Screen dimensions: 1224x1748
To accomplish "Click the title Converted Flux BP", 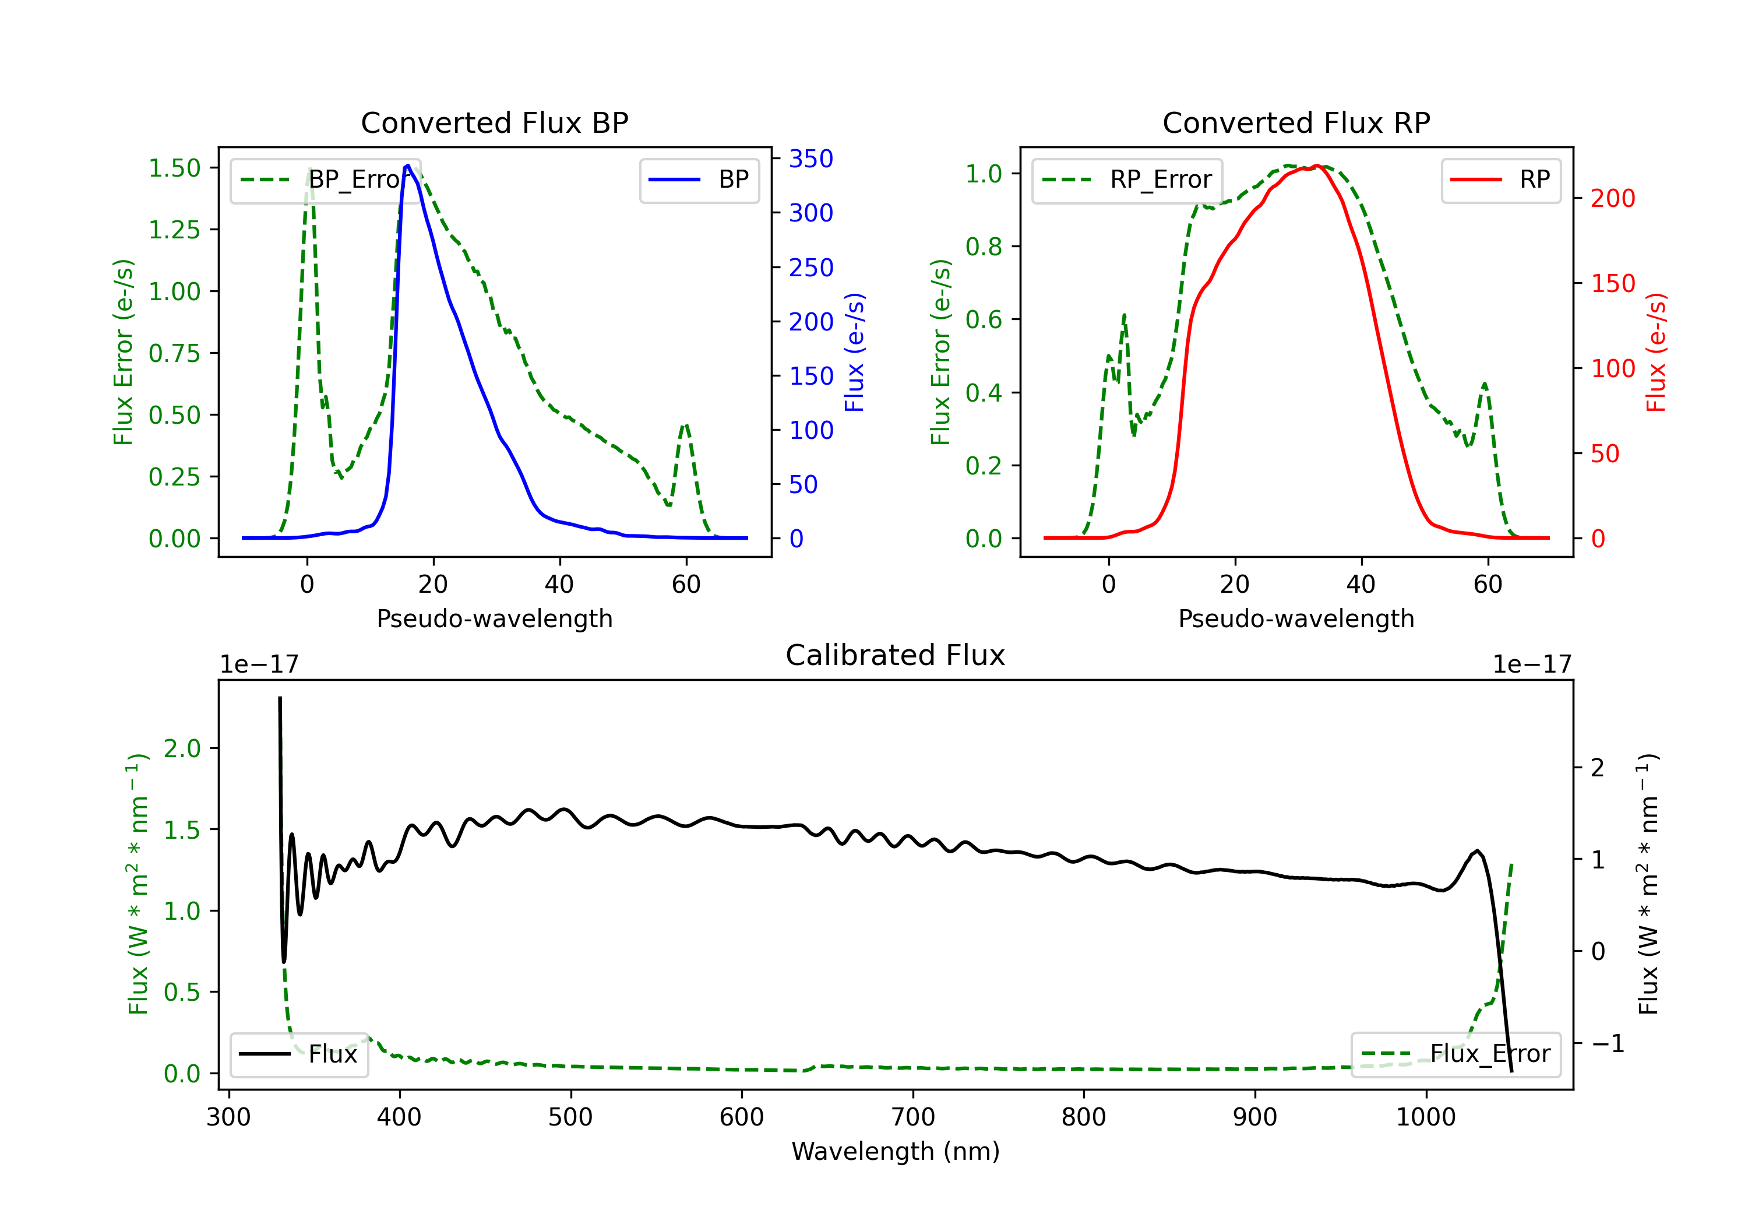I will click(494, 122).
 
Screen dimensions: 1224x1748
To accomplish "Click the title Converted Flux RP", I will click(1296, 122).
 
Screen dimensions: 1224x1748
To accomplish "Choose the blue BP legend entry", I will click(699, 180).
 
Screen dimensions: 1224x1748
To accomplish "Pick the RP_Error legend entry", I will click(1127, 180).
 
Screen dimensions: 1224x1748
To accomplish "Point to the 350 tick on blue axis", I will click(811, 159).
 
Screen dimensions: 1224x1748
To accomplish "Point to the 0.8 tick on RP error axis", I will click(983, 246).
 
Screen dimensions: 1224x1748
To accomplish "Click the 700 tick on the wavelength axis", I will click(913, 1117).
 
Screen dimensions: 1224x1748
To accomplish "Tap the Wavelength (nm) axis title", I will click(896, 1151).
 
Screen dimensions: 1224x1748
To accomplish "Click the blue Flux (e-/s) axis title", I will click(854, 353).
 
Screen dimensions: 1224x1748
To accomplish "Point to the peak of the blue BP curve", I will click(408, 166).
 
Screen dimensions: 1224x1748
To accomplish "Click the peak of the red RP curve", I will click(1316, 166).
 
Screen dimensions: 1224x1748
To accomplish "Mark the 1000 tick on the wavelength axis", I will click(1426, 1117).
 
